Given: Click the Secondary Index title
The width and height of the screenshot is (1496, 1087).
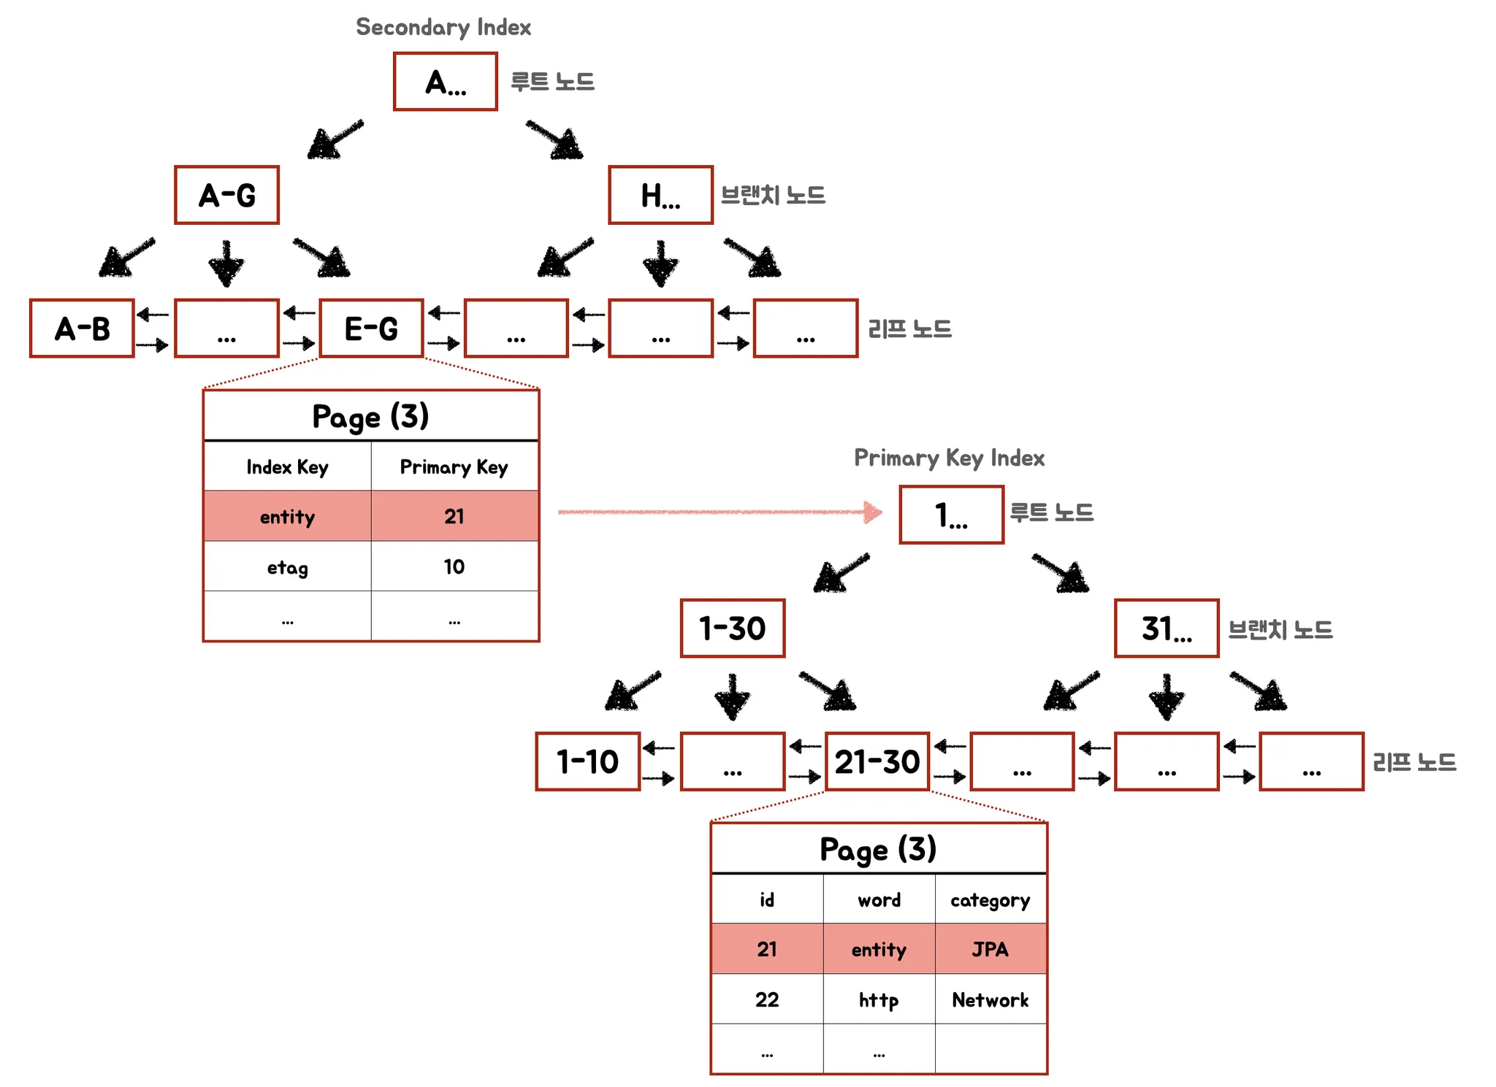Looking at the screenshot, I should point(443,27).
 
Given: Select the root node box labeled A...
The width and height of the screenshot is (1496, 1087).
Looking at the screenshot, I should point(446,82).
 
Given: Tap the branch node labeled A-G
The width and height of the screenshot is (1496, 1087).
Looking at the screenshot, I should point(226,195).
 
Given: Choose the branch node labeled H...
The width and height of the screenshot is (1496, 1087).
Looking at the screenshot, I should point(660,195).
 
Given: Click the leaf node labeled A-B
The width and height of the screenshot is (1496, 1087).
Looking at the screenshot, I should point(82,329).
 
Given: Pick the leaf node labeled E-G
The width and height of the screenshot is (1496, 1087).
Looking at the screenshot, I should point(371,329).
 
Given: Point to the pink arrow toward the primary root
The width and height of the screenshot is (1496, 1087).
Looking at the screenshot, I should point(720,512).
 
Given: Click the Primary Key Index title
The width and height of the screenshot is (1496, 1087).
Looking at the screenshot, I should point(949,458).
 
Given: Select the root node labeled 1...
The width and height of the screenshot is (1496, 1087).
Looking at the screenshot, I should point(951,515).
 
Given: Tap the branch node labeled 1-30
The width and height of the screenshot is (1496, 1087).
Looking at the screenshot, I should point(733,629).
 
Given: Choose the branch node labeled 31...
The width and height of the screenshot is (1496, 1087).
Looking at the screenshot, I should point(1167,629).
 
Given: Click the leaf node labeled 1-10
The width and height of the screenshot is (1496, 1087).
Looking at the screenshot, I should point(588,761).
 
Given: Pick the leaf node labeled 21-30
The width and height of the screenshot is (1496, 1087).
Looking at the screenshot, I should point(877,761).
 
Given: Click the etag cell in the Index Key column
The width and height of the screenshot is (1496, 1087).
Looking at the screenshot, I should point(287,566).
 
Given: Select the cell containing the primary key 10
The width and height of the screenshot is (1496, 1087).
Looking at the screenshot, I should point(454,566).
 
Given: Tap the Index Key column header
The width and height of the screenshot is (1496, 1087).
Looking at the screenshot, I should point(287,466).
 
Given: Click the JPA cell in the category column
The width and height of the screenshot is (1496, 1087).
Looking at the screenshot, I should point(991,949).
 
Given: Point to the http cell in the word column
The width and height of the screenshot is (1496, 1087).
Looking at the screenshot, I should point(879,999).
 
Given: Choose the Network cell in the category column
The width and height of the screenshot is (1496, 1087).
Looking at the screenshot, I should point(991,999).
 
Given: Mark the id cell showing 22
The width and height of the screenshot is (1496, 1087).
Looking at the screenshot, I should point(767,999).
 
